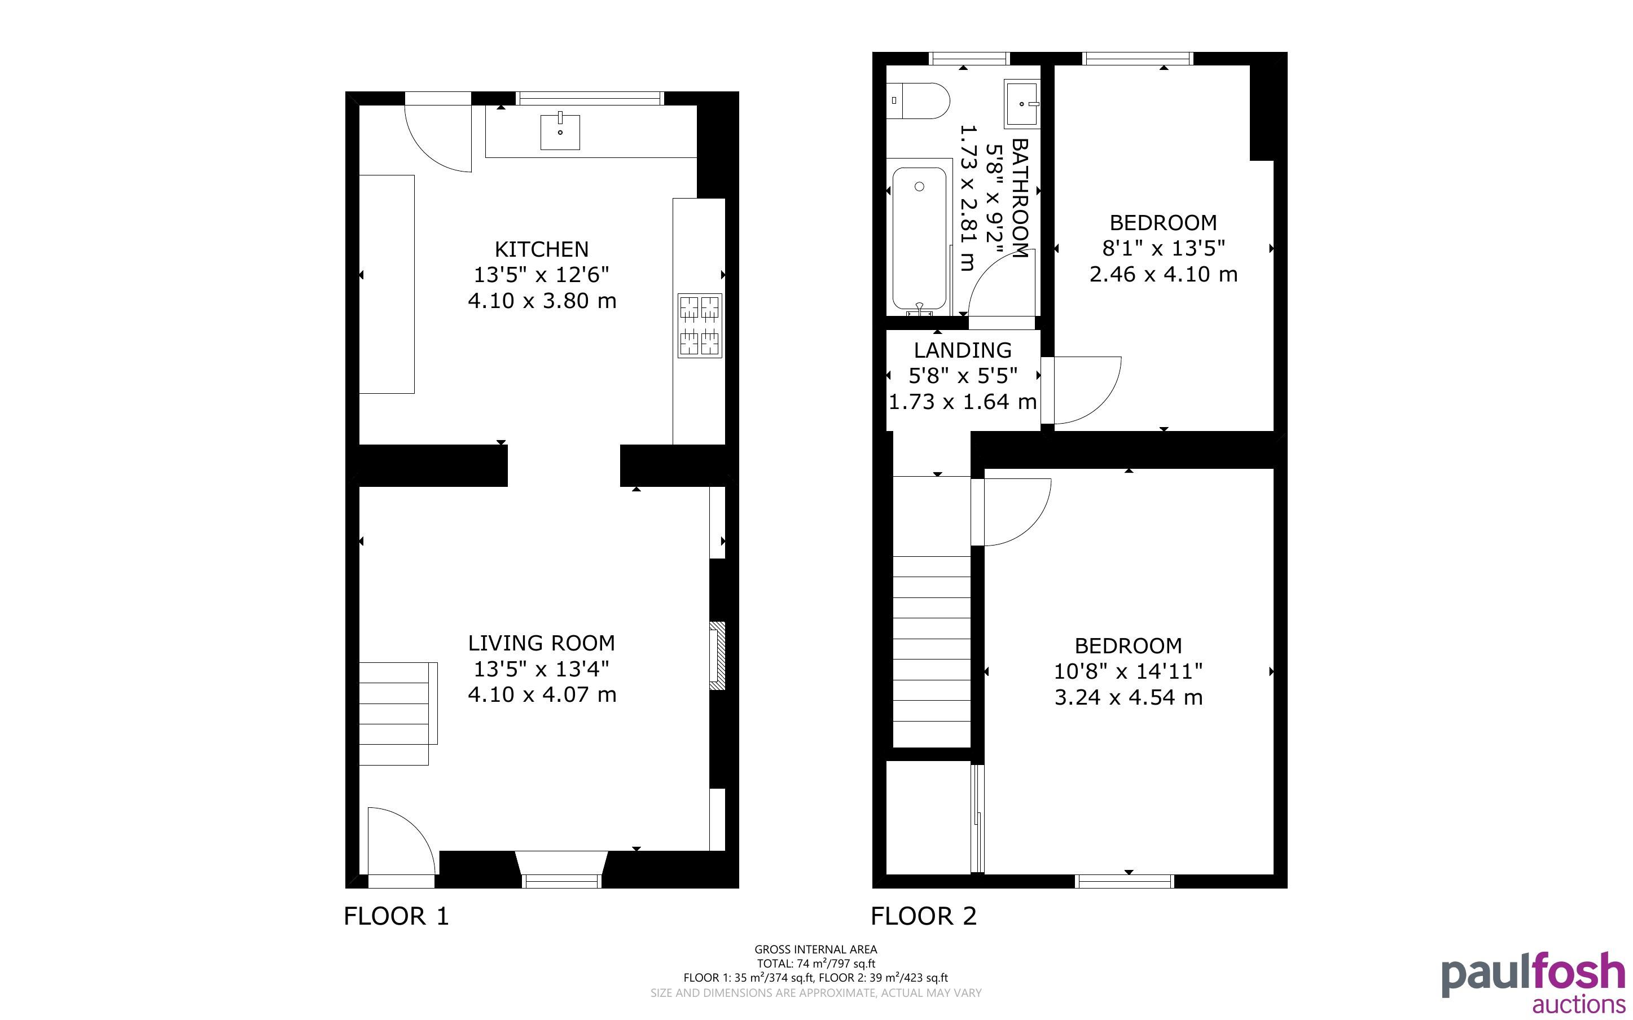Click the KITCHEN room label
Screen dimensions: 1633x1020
[542, 249]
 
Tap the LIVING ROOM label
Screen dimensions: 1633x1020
[542, 643]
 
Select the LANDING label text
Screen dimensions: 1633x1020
[963, 350]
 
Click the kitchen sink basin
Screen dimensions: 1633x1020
[560, 132]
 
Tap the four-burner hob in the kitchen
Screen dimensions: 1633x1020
[700, 325]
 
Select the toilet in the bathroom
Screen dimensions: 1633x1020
[918, 101]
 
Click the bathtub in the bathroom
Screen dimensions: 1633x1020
[919, 241]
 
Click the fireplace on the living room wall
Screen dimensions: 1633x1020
[717, 656]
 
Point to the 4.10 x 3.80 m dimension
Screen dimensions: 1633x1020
[542, 301]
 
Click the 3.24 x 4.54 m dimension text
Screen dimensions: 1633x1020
[1129, 697]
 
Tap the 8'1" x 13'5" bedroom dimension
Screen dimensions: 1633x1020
[1164, 248]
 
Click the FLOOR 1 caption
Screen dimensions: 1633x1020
[396, 916]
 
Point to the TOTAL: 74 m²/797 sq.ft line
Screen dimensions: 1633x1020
[815, 964]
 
